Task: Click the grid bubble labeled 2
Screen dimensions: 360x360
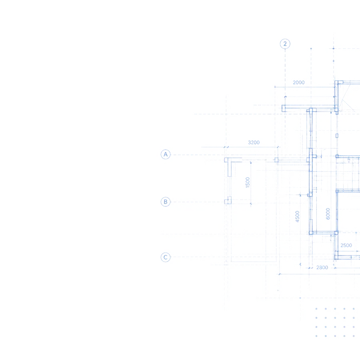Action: (285, 44)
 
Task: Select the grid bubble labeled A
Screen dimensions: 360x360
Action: (166, 154)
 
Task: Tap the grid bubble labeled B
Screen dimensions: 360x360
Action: (166, 202)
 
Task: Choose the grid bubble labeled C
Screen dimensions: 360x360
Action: (166, 257)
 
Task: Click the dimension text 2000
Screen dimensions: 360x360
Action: (299, 82)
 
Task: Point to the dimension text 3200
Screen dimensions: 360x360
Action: (254, 142)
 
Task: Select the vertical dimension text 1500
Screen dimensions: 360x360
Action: (248, 182)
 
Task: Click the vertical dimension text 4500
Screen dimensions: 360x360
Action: (297, 216)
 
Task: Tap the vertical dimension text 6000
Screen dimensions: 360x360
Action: (328, 214)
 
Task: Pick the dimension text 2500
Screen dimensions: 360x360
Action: (346, 245)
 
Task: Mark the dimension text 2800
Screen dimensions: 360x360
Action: (322, 268)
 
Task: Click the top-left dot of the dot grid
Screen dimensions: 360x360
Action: (316, 309)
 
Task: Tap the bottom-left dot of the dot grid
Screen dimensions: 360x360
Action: (316, 336)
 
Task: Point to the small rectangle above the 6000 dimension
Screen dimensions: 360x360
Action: (337, 136)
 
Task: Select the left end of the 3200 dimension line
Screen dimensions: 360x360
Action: (225, 147)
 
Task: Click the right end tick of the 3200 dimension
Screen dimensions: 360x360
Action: (278, 147)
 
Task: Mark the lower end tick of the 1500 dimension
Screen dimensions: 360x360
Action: (251, 204)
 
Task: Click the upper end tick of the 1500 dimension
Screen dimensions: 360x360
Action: (251, 162)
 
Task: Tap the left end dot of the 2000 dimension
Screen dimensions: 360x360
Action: (275, 87)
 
